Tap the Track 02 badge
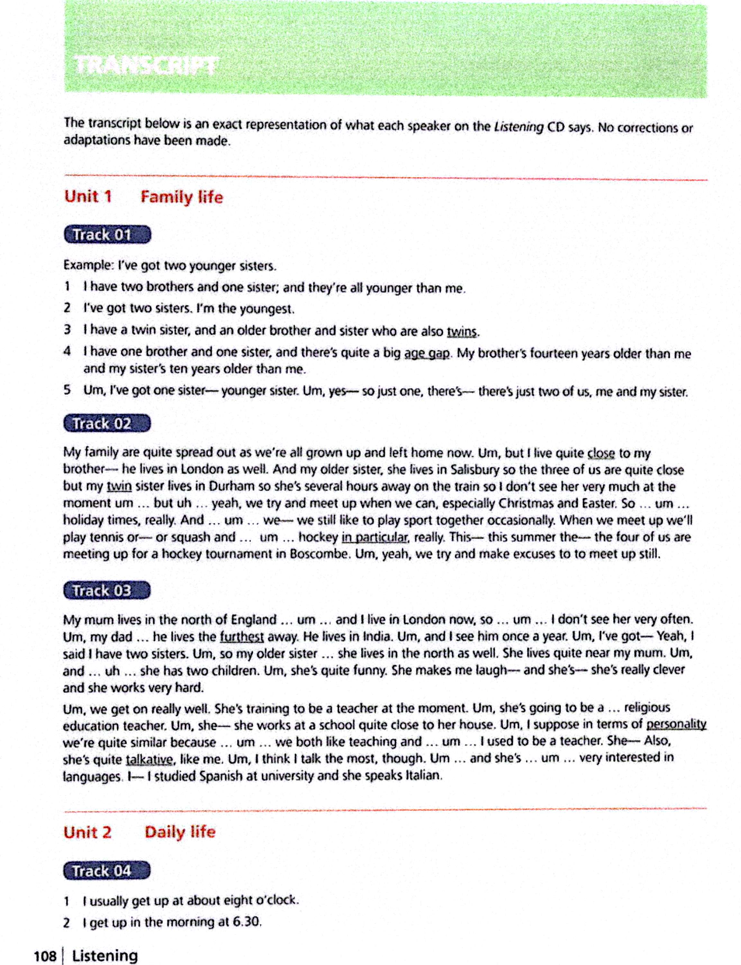tap(107, 424)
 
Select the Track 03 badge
tap(107, 590)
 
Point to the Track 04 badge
tap(107, 871)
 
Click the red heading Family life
tap(182, 197)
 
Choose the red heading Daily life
tap(180, 832)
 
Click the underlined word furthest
tap(242, 637)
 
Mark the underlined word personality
tap(676, 724)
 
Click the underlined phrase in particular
tap(375, 537)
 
